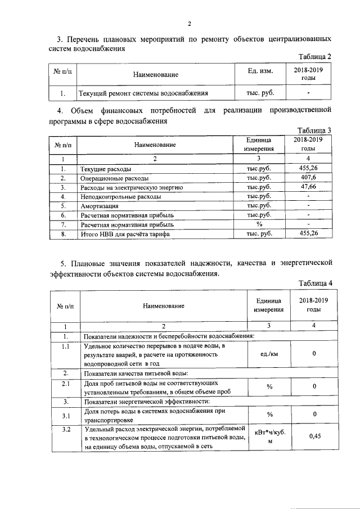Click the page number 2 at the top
pos(190,24)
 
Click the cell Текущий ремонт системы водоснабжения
pos(145,93)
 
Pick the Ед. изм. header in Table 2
pos(260,74)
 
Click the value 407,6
pos(308,178)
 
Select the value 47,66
pos(308,187)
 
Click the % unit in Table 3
pos(259,223)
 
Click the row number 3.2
pos(65,430)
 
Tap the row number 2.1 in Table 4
pos(65,385)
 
